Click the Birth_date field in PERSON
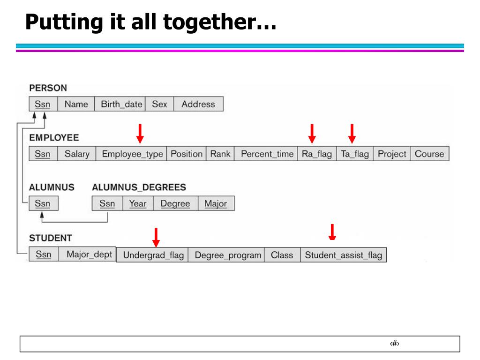tap(121, 104)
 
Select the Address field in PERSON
tap(198, 104)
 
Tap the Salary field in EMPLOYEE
tap(77, 154)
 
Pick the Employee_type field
tap(132, 154)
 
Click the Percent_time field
tap(267, 154)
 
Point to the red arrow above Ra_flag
tap(312, 134)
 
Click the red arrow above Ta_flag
tap(352, 134)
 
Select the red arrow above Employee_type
tap(140, 134)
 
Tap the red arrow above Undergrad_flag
tap(156, 237)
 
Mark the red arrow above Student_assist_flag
tap(332, 232)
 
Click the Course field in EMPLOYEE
tap(429, 154)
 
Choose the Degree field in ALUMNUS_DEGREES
tap(175, 203)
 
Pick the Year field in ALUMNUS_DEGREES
tap(137, 203)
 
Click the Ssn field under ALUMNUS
tap(43, 203)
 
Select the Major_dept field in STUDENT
tap(89, 254)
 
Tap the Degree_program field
tap(228, 255)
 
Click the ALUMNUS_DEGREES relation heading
tap(139, 187)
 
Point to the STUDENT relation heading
tap(50, 238)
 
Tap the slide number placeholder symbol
tap(394, 344)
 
